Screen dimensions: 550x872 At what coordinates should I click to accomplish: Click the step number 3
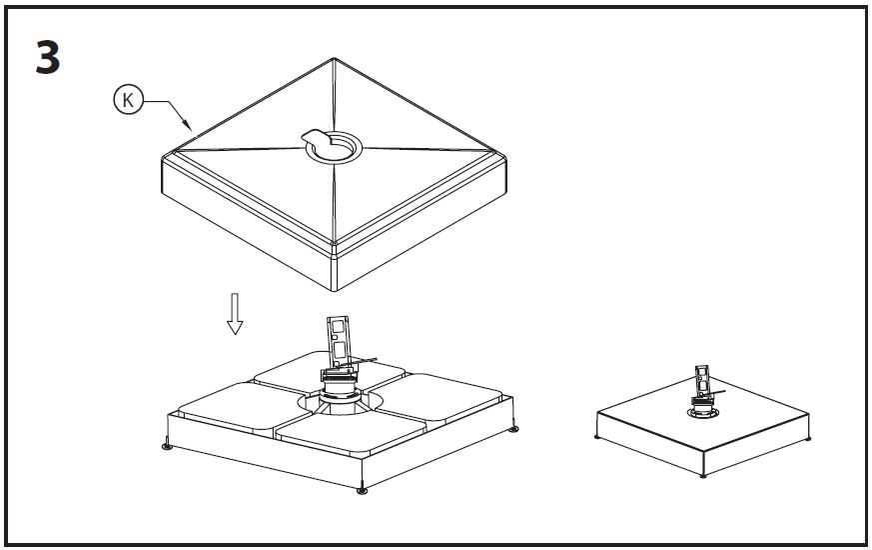[x=48, y=59]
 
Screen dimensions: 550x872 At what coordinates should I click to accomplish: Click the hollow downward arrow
[x=235, y=313]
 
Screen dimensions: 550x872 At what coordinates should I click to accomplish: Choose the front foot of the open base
[x=362, y=488]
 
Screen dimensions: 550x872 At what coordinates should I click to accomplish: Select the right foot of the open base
[x=513, y=428]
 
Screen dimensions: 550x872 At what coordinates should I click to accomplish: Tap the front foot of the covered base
[x=707, y=477]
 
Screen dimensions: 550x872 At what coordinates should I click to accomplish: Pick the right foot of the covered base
[x=809, y=437]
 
